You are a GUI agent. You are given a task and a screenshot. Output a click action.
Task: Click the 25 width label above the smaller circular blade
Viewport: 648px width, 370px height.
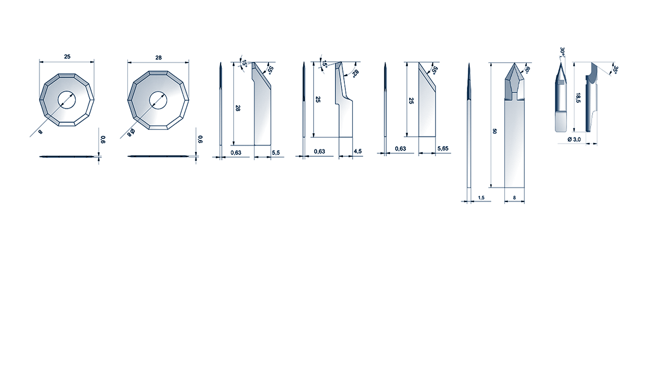[67, 56]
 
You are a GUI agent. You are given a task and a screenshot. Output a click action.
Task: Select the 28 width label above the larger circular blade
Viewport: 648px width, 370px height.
[158, 58]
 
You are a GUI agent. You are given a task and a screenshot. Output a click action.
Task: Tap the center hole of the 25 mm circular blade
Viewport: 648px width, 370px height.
[67, 100]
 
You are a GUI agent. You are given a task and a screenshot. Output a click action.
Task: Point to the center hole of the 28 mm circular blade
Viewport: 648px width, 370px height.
[158, 100]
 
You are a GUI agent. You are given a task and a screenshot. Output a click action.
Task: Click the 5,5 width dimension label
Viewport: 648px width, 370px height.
[276, 153]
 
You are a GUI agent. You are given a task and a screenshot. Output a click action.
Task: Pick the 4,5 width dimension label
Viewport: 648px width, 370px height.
[357, 152]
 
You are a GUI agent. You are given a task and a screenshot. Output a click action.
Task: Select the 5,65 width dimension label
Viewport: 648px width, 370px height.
[443, 148]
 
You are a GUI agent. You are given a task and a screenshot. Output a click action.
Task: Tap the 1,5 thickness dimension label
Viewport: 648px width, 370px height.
[481, 198]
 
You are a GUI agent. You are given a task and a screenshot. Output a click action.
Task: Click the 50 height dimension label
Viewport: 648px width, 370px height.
[494, 131]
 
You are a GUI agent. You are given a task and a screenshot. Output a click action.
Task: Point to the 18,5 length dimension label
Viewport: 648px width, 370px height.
[578, 98]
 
